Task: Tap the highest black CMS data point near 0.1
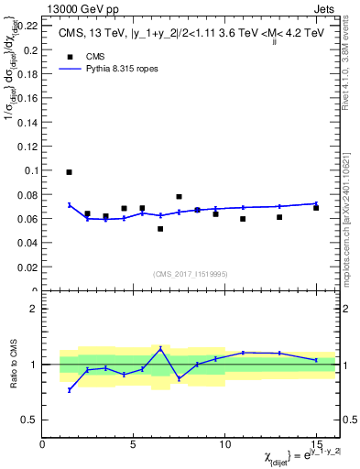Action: tap(69, 172)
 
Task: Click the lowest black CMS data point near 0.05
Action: tap(160, 229)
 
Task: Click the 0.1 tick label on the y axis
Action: tap(29, 170)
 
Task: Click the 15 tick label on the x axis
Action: tap(316, 444)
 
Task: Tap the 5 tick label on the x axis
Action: tap(134, 444)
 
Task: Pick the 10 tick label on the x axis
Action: tap(224, 444)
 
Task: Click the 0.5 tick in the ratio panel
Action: tap(29, 420)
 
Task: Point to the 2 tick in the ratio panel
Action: tap(33, 309)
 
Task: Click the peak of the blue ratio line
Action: tap(160, 348)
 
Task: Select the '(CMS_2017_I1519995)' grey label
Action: tap(191, 272)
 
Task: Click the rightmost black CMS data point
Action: tap(316, 208)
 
